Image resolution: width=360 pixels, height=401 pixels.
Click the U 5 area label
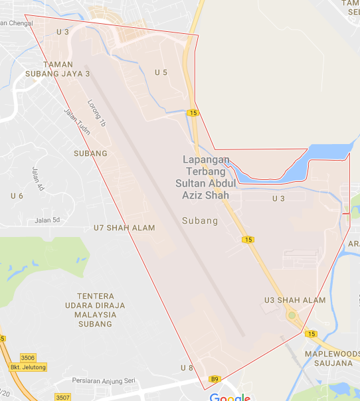[x=161, y=72]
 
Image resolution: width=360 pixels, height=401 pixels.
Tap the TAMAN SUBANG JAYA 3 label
[x=66, y=69]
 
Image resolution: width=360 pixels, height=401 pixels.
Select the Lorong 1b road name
[x=97, y=114]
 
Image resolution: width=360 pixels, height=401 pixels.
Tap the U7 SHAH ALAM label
[x=124, y=228]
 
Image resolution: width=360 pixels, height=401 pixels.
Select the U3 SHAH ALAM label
[x=295, y=300]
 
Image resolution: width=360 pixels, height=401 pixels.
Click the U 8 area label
[x=187, y=368]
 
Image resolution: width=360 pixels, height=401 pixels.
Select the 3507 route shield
[x=62, y=397]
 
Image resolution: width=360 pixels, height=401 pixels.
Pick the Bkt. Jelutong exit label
[x=23, y=385]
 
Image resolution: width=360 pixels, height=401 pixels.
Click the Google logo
[x=230, y=397]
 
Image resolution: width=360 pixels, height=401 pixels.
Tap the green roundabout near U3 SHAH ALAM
[x=292, y=315]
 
